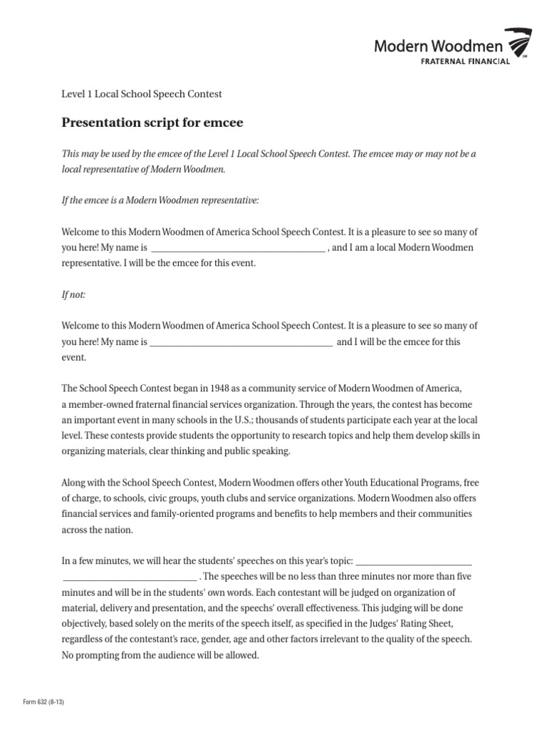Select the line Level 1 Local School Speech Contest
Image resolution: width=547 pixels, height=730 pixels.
[142, 93]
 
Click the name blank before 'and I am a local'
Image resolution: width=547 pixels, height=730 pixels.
[239, 248]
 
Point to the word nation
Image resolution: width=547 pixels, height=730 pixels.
[118, 530]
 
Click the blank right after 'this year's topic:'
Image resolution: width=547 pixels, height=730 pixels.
[413, 560]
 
